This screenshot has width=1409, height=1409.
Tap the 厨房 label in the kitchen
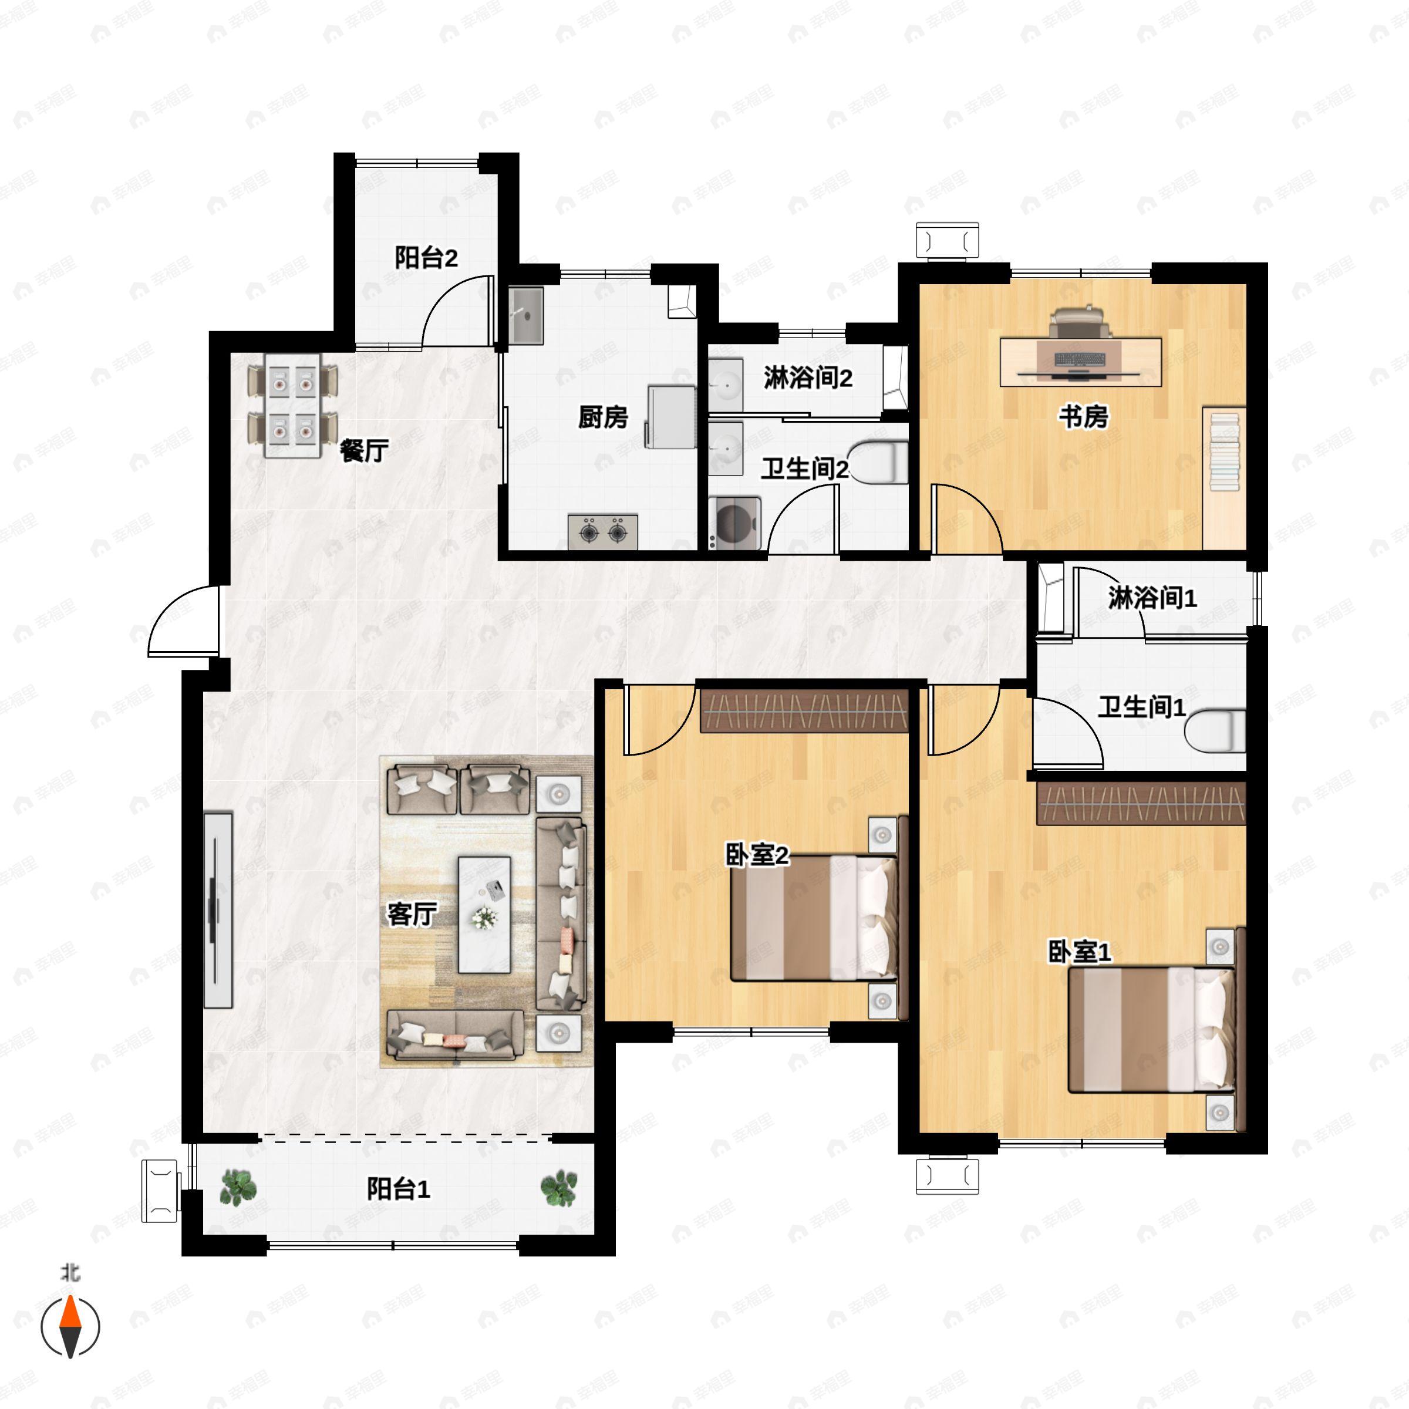(602, 417)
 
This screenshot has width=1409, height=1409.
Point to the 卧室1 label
(1080, 952)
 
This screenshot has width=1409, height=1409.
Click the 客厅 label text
(412, 914)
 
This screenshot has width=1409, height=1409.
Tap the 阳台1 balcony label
(398, 1189)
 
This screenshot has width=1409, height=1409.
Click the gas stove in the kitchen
(602, 532)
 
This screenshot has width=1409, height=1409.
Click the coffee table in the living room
(484, 915)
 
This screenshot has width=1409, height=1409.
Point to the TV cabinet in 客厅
(218, 910)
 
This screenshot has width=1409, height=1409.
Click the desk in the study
(1081, 361)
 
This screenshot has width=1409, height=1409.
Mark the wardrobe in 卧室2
(804, 710)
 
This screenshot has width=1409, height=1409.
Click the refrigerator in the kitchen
(670, 416)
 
